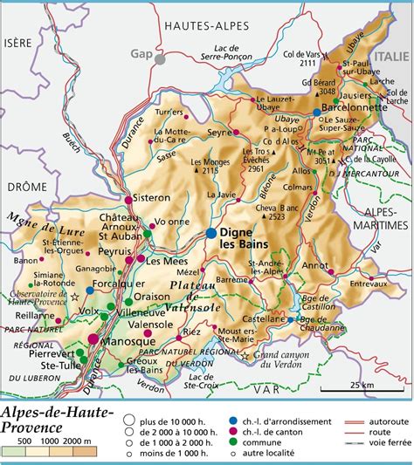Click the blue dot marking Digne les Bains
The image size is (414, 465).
(x=212, y=233)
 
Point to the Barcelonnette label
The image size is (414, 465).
(x=355, y=108)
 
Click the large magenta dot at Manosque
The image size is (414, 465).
(x=93, y=338)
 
